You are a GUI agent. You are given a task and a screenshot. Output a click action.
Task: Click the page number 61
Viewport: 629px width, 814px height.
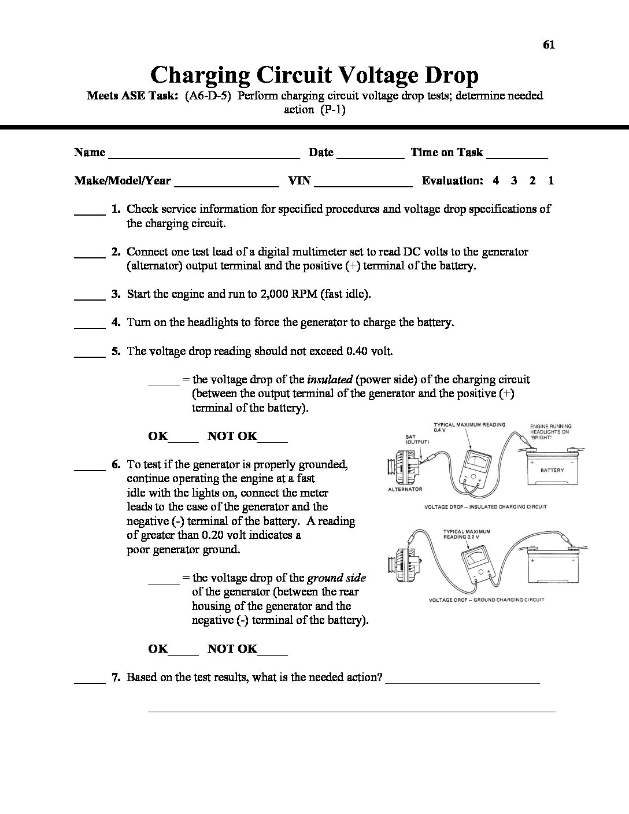549,45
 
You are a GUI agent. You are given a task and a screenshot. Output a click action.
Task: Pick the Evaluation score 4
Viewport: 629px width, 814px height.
496,180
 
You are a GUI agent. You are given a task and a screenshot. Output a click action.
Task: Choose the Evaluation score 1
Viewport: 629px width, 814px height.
551,180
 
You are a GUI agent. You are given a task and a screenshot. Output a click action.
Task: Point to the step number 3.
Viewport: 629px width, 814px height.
116,294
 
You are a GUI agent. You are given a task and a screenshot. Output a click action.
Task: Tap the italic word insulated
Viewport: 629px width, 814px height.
330,380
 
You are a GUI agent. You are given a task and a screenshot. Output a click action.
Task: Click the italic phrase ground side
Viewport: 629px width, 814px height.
336,578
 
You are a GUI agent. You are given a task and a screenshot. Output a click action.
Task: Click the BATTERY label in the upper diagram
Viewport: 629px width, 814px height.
552,470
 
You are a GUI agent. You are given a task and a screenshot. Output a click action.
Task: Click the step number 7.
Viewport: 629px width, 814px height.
116,677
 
